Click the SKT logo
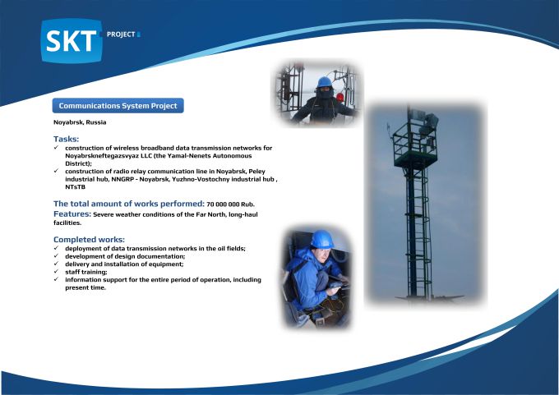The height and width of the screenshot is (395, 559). (72, 40)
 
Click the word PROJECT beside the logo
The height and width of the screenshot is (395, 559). (121, 34)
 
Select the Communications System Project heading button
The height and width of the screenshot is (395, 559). (118, 106)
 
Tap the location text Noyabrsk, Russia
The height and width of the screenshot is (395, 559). (80, 122)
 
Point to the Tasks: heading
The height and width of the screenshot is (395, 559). (67, 139)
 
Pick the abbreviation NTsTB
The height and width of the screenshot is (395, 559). (76, 187)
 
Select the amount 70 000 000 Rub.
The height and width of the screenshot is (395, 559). (230, 204)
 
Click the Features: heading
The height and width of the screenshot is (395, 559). (72, 214)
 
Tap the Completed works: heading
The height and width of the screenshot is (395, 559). (89, 239)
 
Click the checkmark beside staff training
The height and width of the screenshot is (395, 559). (57, 271)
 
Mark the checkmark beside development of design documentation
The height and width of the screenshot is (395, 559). (57, 255)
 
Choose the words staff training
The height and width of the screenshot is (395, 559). (86, 272)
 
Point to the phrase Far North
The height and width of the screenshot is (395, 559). (211, 214)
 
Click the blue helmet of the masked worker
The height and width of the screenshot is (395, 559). (325, 82)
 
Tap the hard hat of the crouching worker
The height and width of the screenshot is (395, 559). (322, 239)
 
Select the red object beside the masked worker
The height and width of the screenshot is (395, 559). (340, 97)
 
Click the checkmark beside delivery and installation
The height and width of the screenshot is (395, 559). (57, 264)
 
